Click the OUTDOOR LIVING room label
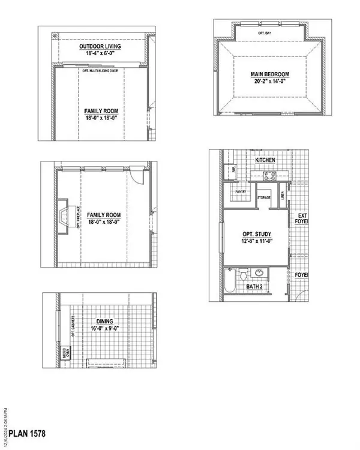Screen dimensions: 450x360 click(x=100, y=46)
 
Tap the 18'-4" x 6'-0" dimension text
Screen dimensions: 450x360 click(x=100, y=54)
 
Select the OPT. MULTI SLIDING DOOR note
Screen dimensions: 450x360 click(x=101, y=70)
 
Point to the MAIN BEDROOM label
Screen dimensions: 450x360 click(x=270, y=75)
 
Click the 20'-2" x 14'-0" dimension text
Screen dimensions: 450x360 click(x=270, y=83)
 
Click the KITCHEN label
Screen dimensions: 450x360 click(x=265, y=161)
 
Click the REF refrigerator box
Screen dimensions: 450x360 click(x=234, y=170)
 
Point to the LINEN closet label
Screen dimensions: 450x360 click(x=283, y=194)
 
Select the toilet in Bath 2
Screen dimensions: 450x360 click(x=243, y=275)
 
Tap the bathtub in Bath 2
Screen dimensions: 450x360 click(x=229, y=280)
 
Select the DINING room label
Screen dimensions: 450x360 click(x=101, y=321)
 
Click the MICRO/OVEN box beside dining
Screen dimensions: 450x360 click(x=66, y=351)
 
